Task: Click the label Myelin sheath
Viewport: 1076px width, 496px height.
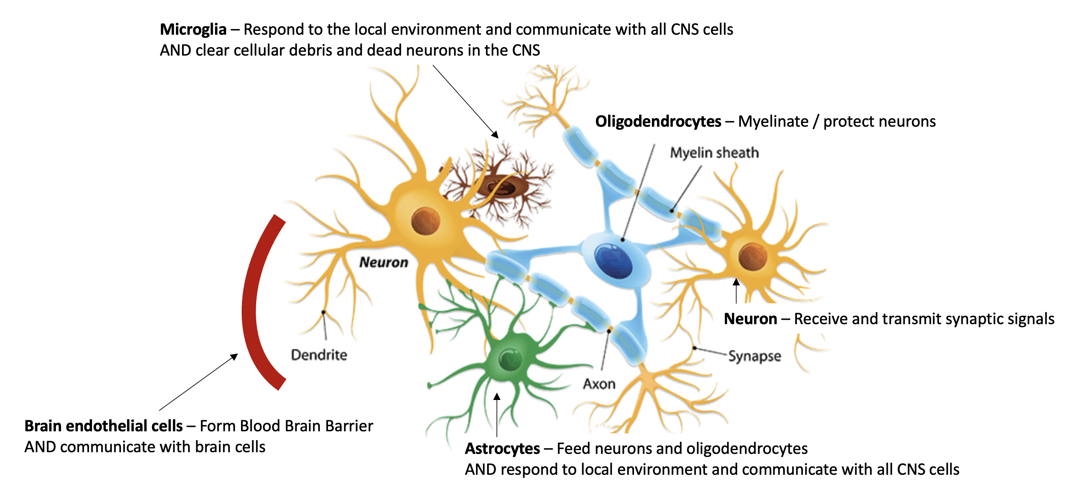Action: tap(714, 153)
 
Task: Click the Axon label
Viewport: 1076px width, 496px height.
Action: tap(599, 384)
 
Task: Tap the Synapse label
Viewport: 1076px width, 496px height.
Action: tap(754, 356)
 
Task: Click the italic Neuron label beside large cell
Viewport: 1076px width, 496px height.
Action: tap(384, 262)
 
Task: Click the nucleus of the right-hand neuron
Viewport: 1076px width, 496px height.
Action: tap(752, 257)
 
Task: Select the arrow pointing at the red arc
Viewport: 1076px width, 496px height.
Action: tap(199, 382)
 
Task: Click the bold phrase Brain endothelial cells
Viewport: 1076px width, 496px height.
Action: tap(103, 426)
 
